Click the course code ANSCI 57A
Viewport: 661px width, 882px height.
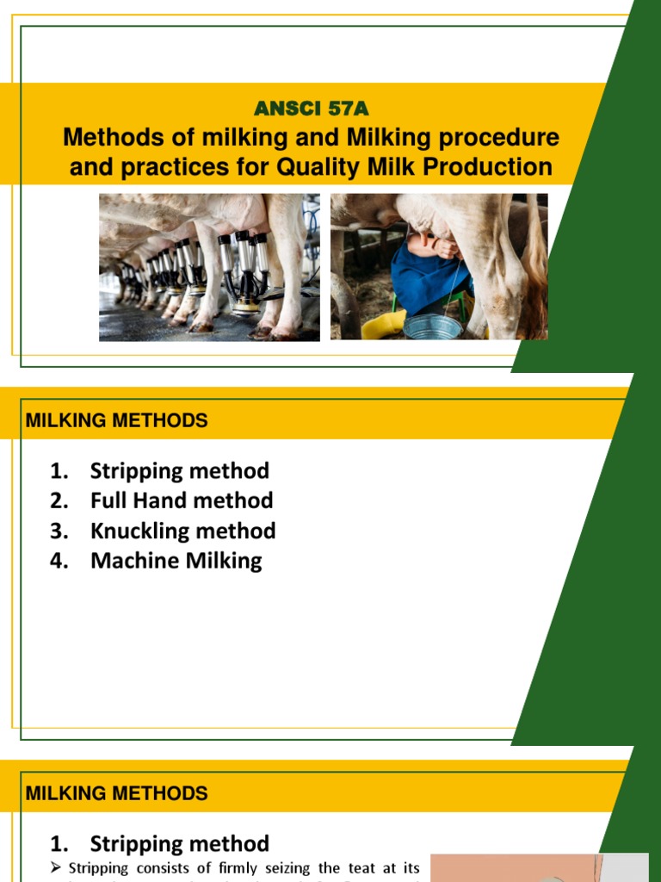pos(312,109)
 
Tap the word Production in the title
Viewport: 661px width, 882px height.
pos(486,166)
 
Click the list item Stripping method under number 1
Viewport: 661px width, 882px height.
pos(179,471)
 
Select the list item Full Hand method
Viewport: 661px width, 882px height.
pos(182,500)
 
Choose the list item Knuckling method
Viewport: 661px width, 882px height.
pos(182,531)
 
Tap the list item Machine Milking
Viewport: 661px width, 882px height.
pos(176,561)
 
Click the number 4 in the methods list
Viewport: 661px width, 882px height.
pos(59,561)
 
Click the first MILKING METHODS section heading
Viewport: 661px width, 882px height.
pos(117,421)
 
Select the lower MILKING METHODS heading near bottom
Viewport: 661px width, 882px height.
pos(117,793)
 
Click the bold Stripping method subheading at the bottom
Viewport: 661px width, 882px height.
pos(179,843)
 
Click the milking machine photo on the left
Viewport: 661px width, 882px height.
pos(209,267)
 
